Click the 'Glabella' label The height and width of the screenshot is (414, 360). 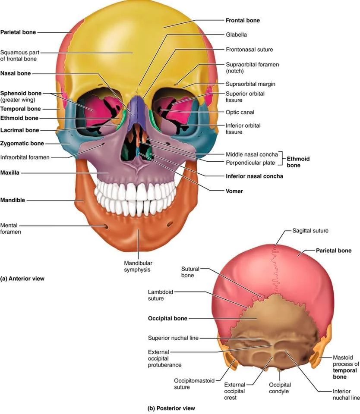pyautogui.click(x=236, y=34)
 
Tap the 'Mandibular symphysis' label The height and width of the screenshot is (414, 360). pyautogui.click(x=138, y=266)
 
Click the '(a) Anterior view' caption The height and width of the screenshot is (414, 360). pyautogui.click(x=22, y=279)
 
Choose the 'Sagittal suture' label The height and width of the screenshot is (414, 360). pyautogui.click(x=310, y=231)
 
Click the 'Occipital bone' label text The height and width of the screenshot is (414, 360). pyautogui.click(x=167, y=319)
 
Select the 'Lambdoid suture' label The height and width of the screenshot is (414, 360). pyautogui.click(x=161, y=295)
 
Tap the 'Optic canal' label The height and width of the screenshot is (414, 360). pyautogui.click(x=240, y=112)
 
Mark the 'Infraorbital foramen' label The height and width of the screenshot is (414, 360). pyautogui.click(x=25, y=157)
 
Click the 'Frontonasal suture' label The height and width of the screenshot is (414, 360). pyautogui.click(x=249, y=50)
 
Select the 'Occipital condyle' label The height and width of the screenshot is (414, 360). pyautogui.click(x=280, y=388)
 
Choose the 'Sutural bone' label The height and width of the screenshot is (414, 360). pyautogui.click(x=190, y=272)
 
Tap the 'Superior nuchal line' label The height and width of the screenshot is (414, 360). pyautogui.click(x=173, y=338)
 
